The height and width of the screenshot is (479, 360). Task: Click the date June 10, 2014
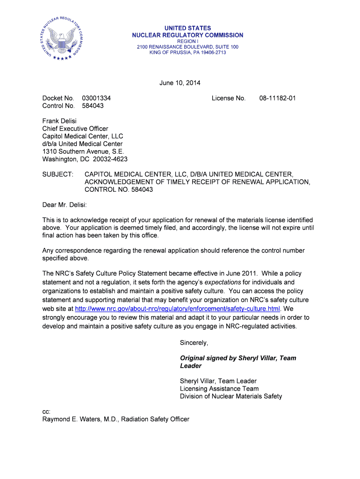(180, 83)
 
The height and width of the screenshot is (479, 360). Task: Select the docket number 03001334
(96, 98)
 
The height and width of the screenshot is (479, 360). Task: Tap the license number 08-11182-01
(278, 98)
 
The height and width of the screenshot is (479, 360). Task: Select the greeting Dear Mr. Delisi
(65, 205)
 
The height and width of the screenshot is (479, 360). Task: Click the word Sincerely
(194, 343)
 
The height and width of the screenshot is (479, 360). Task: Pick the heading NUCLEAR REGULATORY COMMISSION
(187, 35)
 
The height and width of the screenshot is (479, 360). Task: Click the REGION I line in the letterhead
(187, 41)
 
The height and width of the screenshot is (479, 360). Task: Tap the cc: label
(46, 412)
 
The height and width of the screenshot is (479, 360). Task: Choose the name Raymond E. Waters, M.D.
(80, 419)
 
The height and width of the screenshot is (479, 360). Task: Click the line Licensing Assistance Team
(219, 389)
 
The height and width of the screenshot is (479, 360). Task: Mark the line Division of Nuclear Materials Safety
(231, 396)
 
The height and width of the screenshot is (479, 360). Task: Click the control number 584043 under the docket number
(93, 106)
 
